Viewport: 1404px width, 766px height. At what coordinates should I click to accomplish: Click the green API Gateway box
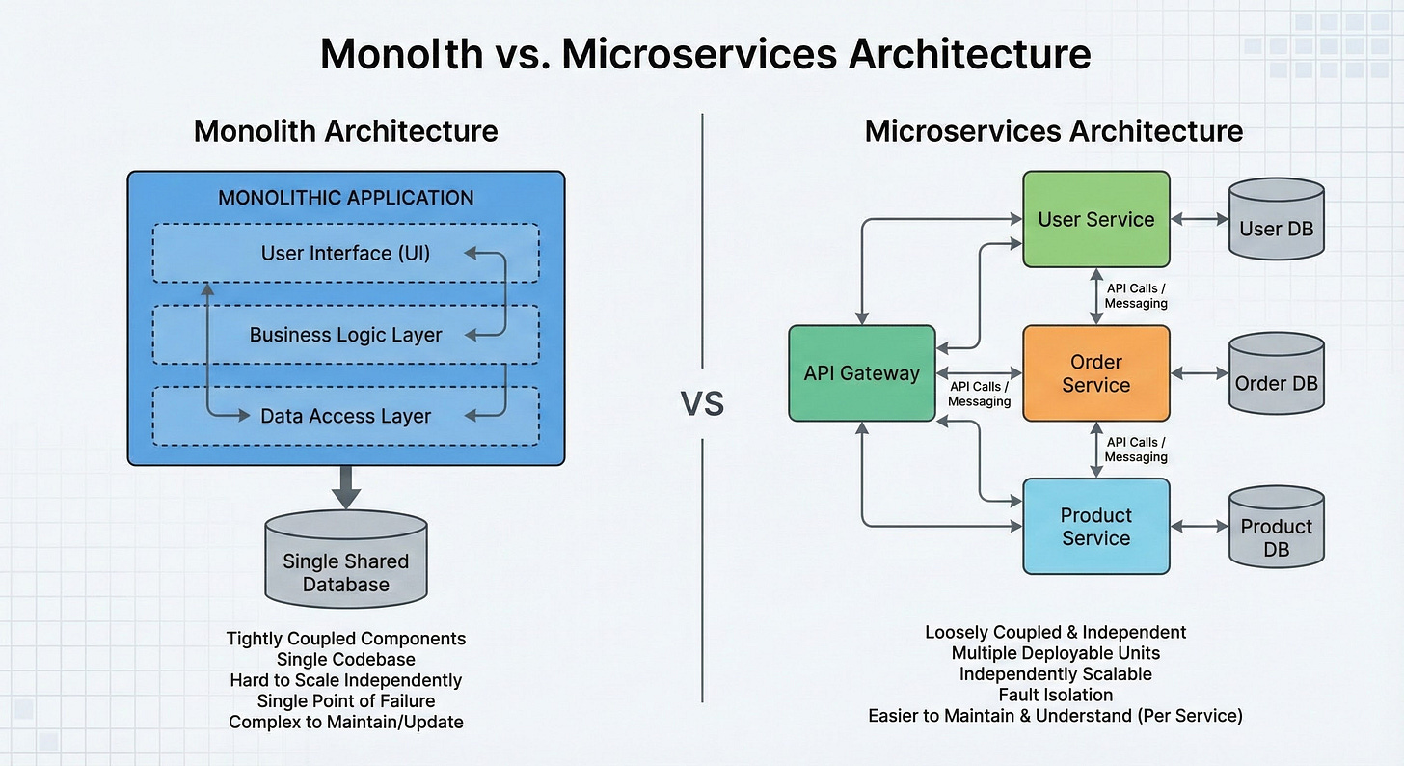pos(862,373)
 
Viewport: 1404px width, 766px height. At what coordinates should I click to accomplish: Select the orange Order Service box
pos(1096,373)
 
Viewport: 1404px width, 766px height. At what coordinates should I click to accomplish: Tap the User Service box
pos(1096,219)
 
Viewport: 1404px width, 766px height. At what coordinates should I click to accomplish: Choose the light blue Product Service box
pos(1096,527)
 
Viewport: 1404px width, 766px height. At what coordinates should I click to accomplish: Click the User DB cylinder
pos(1276,219)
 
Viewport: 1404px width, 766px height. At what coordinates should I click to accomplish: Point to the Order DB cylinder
pos(1276,373)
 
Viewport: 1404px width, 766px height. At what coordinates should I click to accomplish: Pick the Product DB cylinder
pos(1276,527)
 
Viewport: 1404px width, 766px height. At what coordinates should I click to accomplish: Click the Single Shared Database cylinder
pos(346,560)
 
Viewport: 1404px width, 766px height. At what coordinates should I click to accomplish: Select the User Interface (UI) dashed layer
pos(346,254)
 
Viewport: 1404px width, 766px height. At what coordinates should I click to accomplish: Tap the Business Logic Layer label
pos(345,336)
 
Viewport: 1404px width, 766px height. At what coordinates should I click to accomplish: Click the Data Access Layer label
pos(345,416)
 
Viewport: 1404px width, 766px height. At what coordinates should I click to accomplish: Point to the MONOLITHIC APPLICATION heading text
pos(346,198)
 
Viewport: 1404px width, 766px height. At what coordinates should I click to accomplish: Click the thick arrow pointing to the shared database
pos(346,487)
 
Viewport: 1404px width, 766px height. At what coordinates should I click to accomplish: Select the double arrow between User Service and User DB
pos(1199,219)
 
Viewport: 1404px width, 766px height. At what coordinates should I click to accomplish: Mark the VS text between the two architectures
pos(702,403)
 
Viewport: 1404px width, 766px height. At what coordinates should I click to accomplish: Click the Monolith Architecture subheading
pos(346,131)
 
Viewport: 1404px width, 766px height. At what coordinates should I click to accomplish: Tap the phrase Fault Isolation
pos(1056,695)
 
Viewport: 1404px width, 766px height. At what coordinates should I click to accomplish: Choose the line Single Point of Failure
pos(346,700)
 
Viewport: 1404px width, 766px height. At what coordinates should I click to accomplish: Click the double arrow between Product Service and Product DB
pos(1199,527)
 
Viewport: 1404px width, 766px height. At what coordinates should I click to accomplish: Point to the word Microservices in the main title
pos(699,54)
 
